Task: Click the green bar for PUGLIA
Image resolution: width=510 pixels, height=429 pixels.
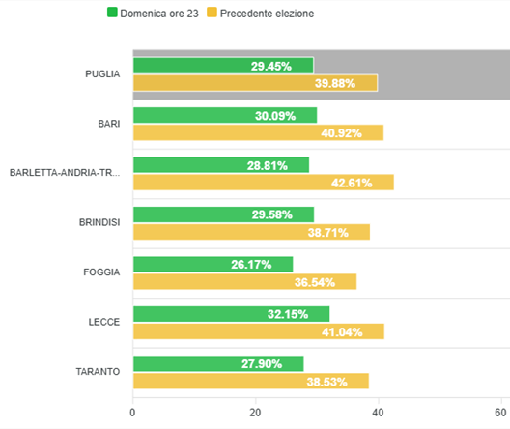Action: click(x=223, y=66)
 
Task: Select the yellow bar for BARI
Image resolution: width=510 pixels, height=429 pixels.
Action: click(x=258, y=132)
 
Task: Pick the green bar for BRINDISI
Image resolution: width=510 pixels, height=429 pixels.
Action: click(x=223, y=214)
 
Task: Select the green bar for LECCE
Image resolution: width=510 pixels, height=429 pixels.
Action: click(x=231, y=314)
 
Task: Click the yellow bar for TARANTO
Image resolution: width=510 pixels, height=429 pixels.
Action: click(x=250, y=381)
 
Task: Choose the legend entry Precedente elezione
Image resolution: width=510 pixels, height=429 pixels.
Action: click(x=267, y=14)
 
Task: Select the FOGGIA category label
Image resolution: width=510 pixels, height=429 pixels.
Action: click(x=101, y=272)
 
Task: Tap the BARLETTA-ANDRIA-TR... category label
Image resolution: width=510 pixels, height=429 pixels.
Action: click(x=65, y=173)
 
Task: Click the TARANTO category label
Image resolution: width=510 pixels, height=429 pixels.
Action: click(x=98, y=372)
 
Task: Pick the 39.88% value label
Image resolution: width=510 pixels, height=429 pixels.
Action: click(x=335, y=83)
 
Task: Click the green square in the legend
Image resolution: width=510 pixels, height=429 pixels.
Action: click(x=112, y=14)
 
